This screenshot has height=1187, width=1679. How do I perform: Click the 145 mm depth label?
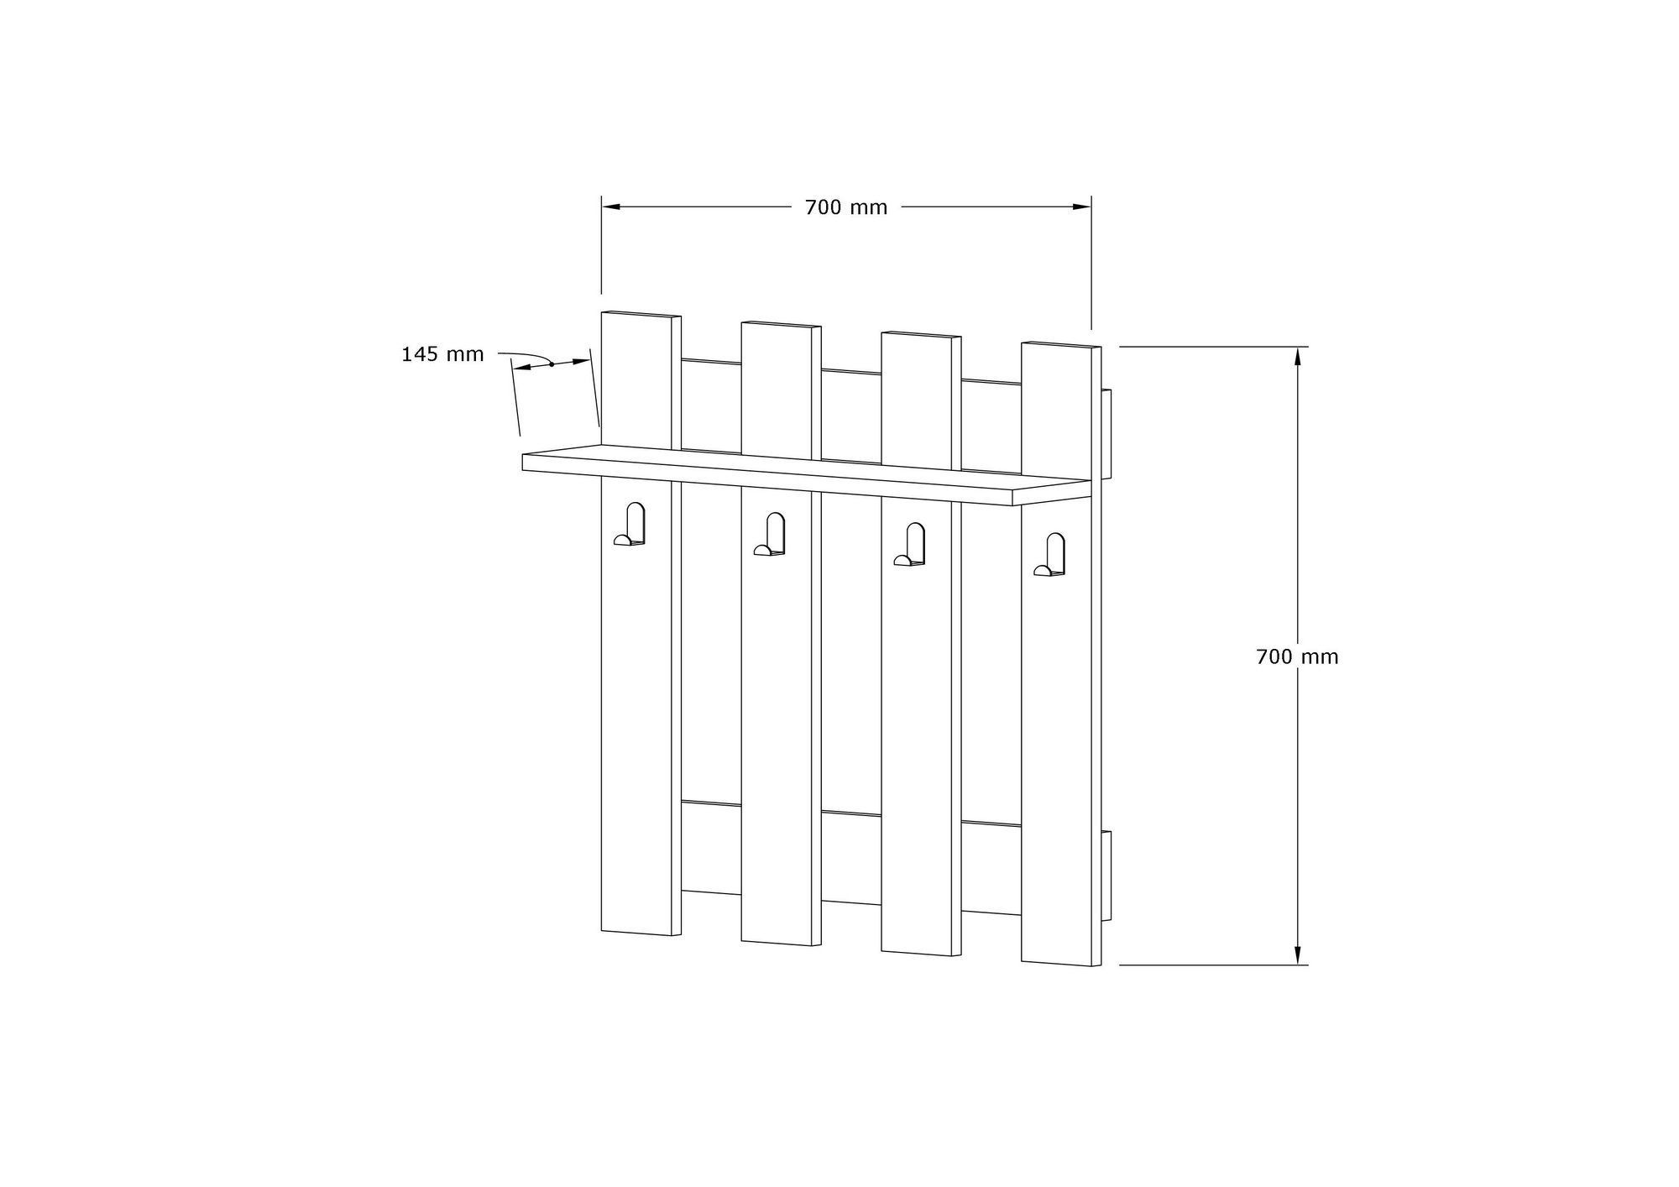pos(442,354)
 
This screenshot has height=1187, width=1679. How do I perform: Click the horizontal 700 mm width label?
pos(846,207)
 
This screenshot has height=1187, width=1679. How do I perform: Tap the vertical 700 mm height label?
pos(1297,656)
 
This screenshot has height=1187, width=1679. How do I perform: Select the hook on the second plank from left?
pos(770,535)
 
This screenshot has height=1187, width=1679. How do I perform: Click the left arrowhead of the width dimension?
pos(610,207)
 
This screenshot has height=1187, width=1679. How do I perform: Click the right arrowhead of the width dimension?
pos(1082,207)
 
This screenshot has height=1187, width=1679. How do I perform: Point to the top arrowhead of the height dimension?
pos(1297,356)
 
